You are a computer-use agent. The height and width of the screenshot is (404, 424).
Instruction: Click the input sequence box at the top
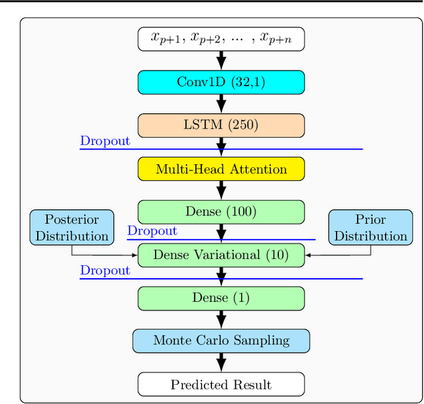(221, 38)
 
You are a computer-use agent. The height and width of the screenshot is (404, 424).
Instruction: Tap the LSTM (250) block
(221, 125)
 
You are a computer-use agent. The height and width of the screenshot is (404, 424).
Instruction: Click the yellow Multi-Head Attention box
(221, 169)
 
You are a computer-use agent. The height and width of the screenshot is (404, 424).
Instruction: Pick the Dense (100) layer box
(221, 212)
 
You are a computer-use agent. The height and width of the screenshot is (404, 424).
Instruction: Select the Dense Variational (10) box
(221, 255)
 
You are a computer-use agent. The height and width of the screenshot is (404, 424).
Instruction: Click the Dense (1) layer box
(221, 298)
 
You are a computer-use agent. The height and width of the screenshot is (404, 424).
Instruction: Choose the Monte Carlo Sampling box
(221, 341)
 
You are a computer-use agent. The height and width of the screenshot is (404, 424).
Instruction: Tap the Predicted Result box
(221, 384)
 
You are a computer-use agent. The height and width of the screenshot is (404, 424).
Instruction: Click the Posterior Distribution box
(72, 227)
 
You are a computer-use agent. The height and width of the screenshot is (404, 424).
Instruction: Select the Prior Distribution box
(370, 227)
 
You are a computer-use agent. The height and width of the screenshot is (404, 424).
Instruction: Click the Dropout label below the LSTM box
(105, 141)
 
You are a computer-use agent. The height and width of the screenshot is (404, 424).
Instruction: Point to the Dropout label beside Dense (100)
(152, 231)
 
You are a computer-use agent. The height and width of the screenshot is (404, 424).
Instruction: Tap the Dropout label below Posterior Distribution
(105, 270)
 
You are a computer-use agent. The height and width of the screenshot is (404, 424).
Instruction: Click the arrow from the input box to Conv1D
(221, 60)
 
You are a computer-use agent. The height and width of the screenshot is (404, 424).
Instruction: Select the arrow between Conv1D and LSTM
(221, 103)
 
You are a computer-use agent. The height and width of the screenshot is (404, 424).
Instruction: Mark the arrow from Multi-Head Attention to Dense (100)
(221, 190)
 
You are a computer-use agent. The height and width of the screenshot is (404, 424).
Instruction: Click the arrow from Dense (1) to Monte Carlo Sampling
(221, 319)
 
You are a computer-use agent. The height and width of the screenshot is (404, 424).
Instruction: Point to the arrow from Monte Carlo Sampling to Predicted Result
(221, 362)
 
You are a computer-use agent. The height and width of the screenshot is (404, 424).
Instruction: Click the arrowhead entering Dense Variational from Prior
(309, 255)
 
